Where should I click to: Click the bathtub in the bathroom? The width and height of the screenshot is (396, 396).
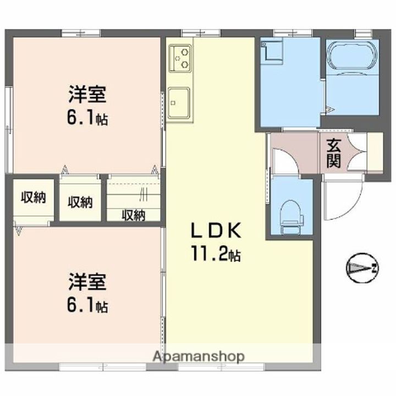click(x=352, y=56)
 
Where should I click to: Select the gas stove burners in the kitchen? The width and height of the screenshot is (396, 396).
click(x=180, y=58)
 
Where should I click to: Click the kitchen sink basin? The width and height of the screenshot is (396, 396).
click(x=179, y=102)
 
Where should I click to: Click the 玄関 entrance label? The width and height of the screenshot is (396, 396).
click(x=334, y=153)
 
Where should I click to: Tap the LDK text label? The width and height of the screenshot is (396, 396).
click(x=216, y=230)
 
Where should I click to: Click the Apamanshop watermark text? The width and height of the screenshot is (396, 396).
click(x=199, y=356)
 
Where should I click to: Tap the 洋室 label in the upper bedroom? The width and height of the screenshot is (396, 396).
click(x=87, y=95)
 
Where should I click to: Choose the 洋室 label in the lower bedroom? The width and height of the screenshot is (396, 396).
click(x=87, y=282)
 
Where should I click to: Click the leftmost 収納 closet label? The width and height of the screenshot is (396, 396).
click(x=34, y=197)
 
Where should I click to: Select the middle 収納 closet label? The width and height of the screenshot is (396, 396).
click(x=80, y=202)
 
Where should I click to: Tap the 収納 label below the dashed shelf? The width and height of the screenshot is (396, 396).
click(x=134, y=216)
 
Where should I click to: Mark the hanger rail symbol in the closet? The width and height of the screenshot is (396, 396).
click(x=143, y=195)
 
